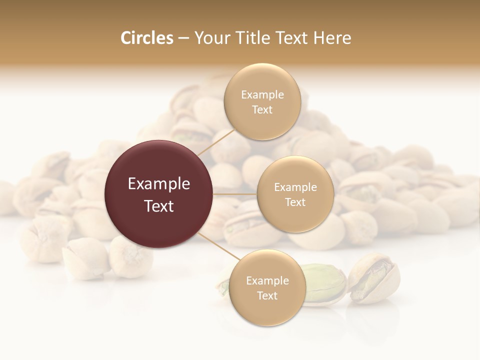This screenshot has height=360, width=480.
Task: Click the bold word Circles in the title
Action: pos(146,38)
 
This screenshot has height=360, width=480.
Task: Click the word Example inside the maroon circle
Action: pos(159,184)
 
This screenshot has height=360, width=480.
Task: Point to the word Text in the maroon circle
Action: pos(159,206)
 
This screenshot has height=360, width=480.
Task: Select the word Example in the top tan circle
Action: pos(262,95)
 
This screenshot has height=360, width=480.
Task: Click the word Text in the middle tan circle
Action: pos(295,202)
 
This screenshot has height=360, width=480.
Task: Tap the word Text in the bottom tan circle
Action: pos(267,295)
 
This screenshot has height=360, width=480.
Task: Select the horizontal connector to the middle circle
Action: pos(235,193)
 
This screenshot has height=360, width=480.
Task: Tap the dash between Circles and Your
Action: pos(183,38)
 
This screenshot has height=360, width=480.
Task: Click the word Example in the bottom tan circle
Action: pos(267,280)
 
